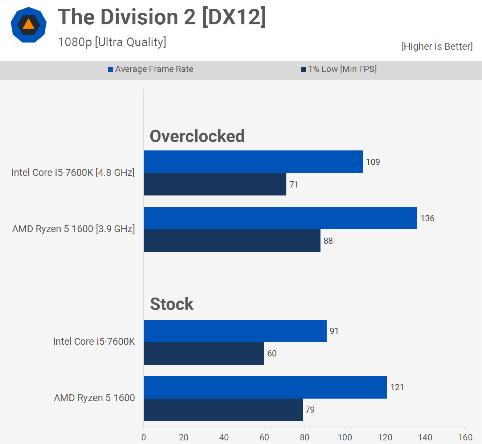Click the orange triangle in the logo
click(28, 25)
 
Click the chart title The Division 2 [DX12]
click(162, 17)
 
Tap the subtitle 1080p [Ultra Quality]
click(112, 42)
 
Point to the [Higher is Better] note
click(437, 47)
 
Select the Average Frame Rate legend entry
click(151, 69)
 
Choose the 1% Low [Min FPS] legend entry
click(339, 69)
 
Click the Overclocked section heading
click(197, 136)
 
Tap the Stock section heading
click(172, 304)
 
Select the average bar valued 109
click(253, 162)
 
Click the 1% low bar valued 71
click(215, 184)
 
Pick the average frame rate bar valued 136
click(280, 218)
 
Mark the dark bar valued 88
click(232, 241)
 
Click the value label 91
click(334, 331)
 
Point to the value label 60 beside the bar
click(272, 354)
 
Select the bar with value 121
click(265, 387)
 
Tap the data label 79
click(310, 410)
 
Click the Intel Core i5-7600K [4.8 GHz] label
click(73, 173)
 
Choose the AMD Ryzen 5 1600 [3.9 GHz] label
click(74, 229)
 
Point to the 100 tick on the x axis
click(345, 437)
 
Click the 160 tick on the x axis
click(465, 437)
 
